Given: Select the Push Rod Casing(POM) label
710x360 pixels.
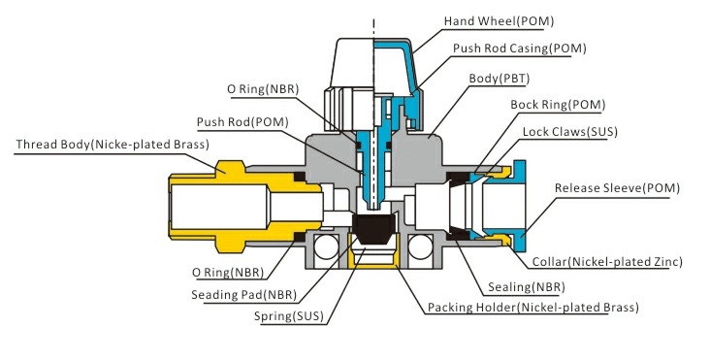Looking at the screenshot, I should click(x=519, y=48).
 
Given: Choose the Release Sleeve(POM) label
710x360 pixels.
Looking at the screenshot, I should click(x=617, y=187).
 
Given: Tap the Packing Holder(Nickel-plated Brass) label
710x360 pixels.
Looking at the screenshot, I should click(x=532, y=308).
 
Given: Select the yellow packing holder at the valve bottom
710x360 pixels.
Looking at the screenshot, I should click(x=372, y=257).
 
